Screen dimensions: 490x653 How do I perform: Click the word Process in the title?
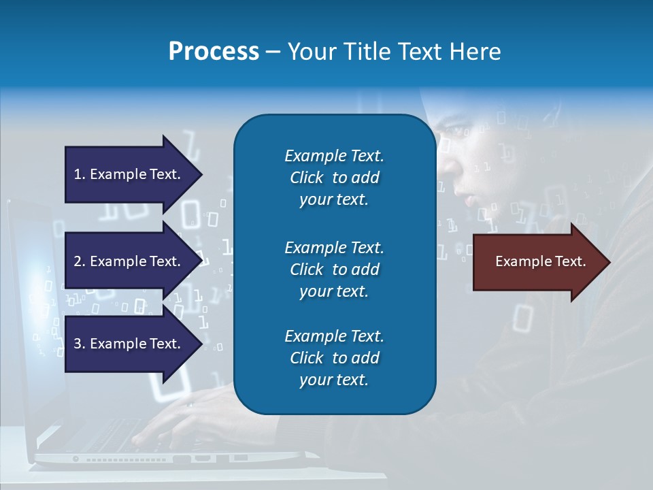pos(214,52)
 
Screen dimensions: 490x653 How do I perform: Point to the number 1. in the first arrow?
pos(80,174)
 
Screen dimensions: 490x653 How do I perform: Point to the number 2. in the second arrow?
pos(80,261)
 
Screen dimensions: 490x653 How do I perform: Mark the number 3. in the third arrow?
pos(80,344)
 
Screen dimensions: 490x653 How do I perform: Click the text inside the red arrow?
pos(541,261)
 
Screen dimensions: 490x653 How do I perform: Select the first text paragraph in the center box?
pos(334,178)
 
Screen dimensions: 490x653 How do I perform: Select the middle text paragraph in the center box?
pos(334,269)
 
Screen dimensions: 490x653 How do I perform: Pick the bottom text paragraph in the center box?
pos(334,358)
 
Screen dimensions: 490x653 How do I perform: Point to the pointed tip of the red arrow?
pos(609,262)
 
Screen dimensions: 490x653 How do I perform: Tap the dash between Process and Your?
pos(272,52)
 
